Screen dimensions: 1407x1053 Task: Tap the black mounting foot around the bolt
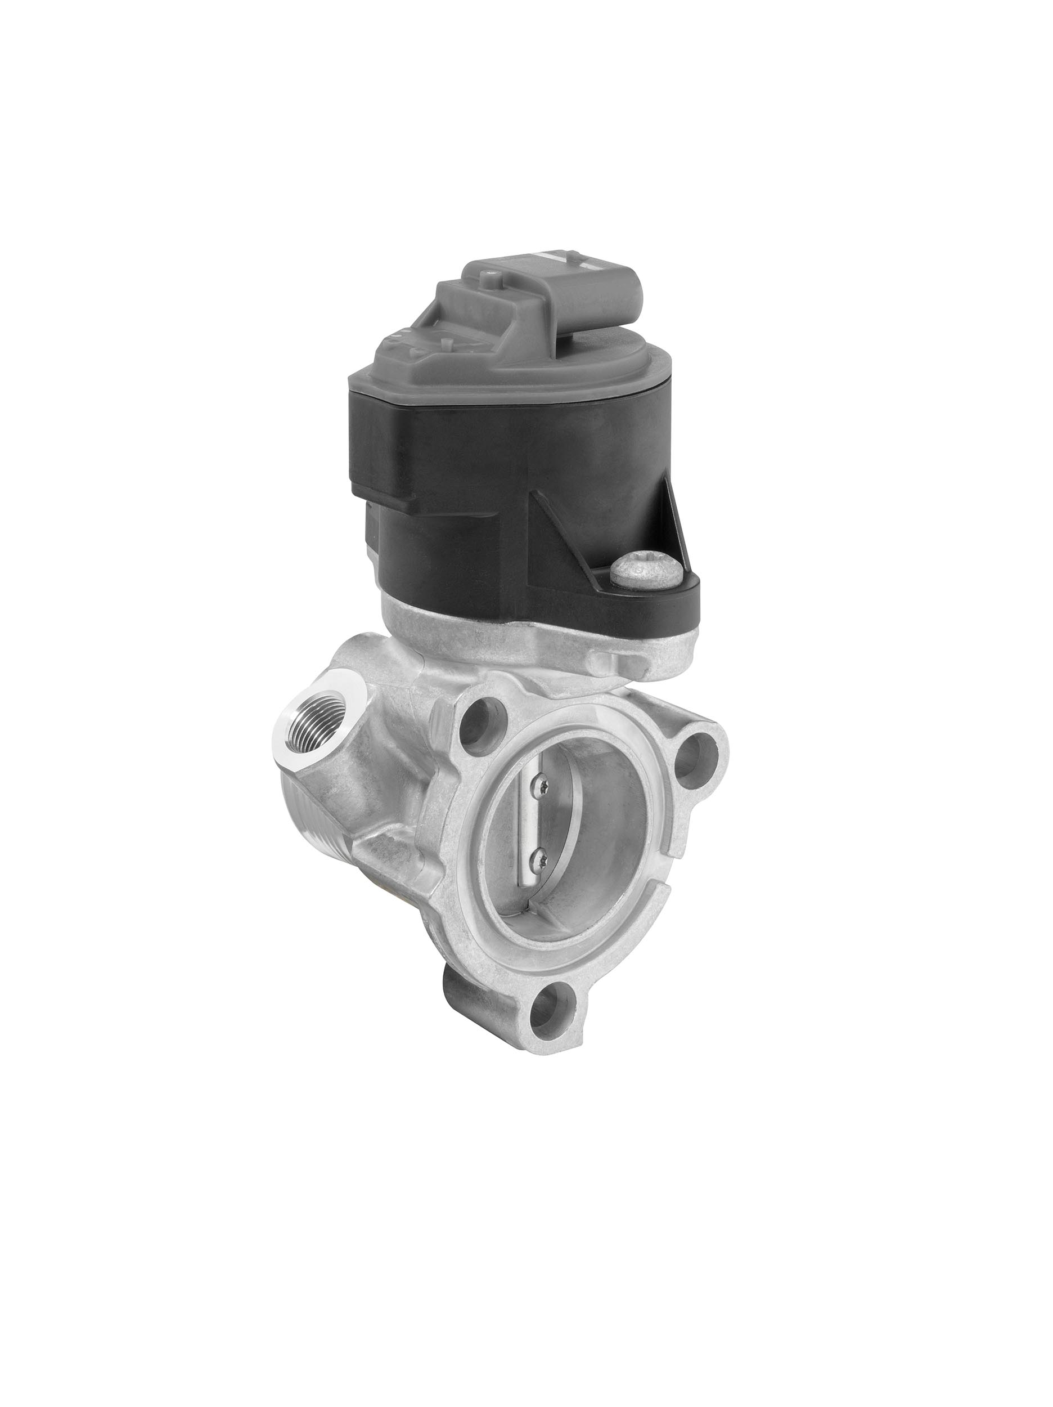pyautogui.click(x=674, y=592)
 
